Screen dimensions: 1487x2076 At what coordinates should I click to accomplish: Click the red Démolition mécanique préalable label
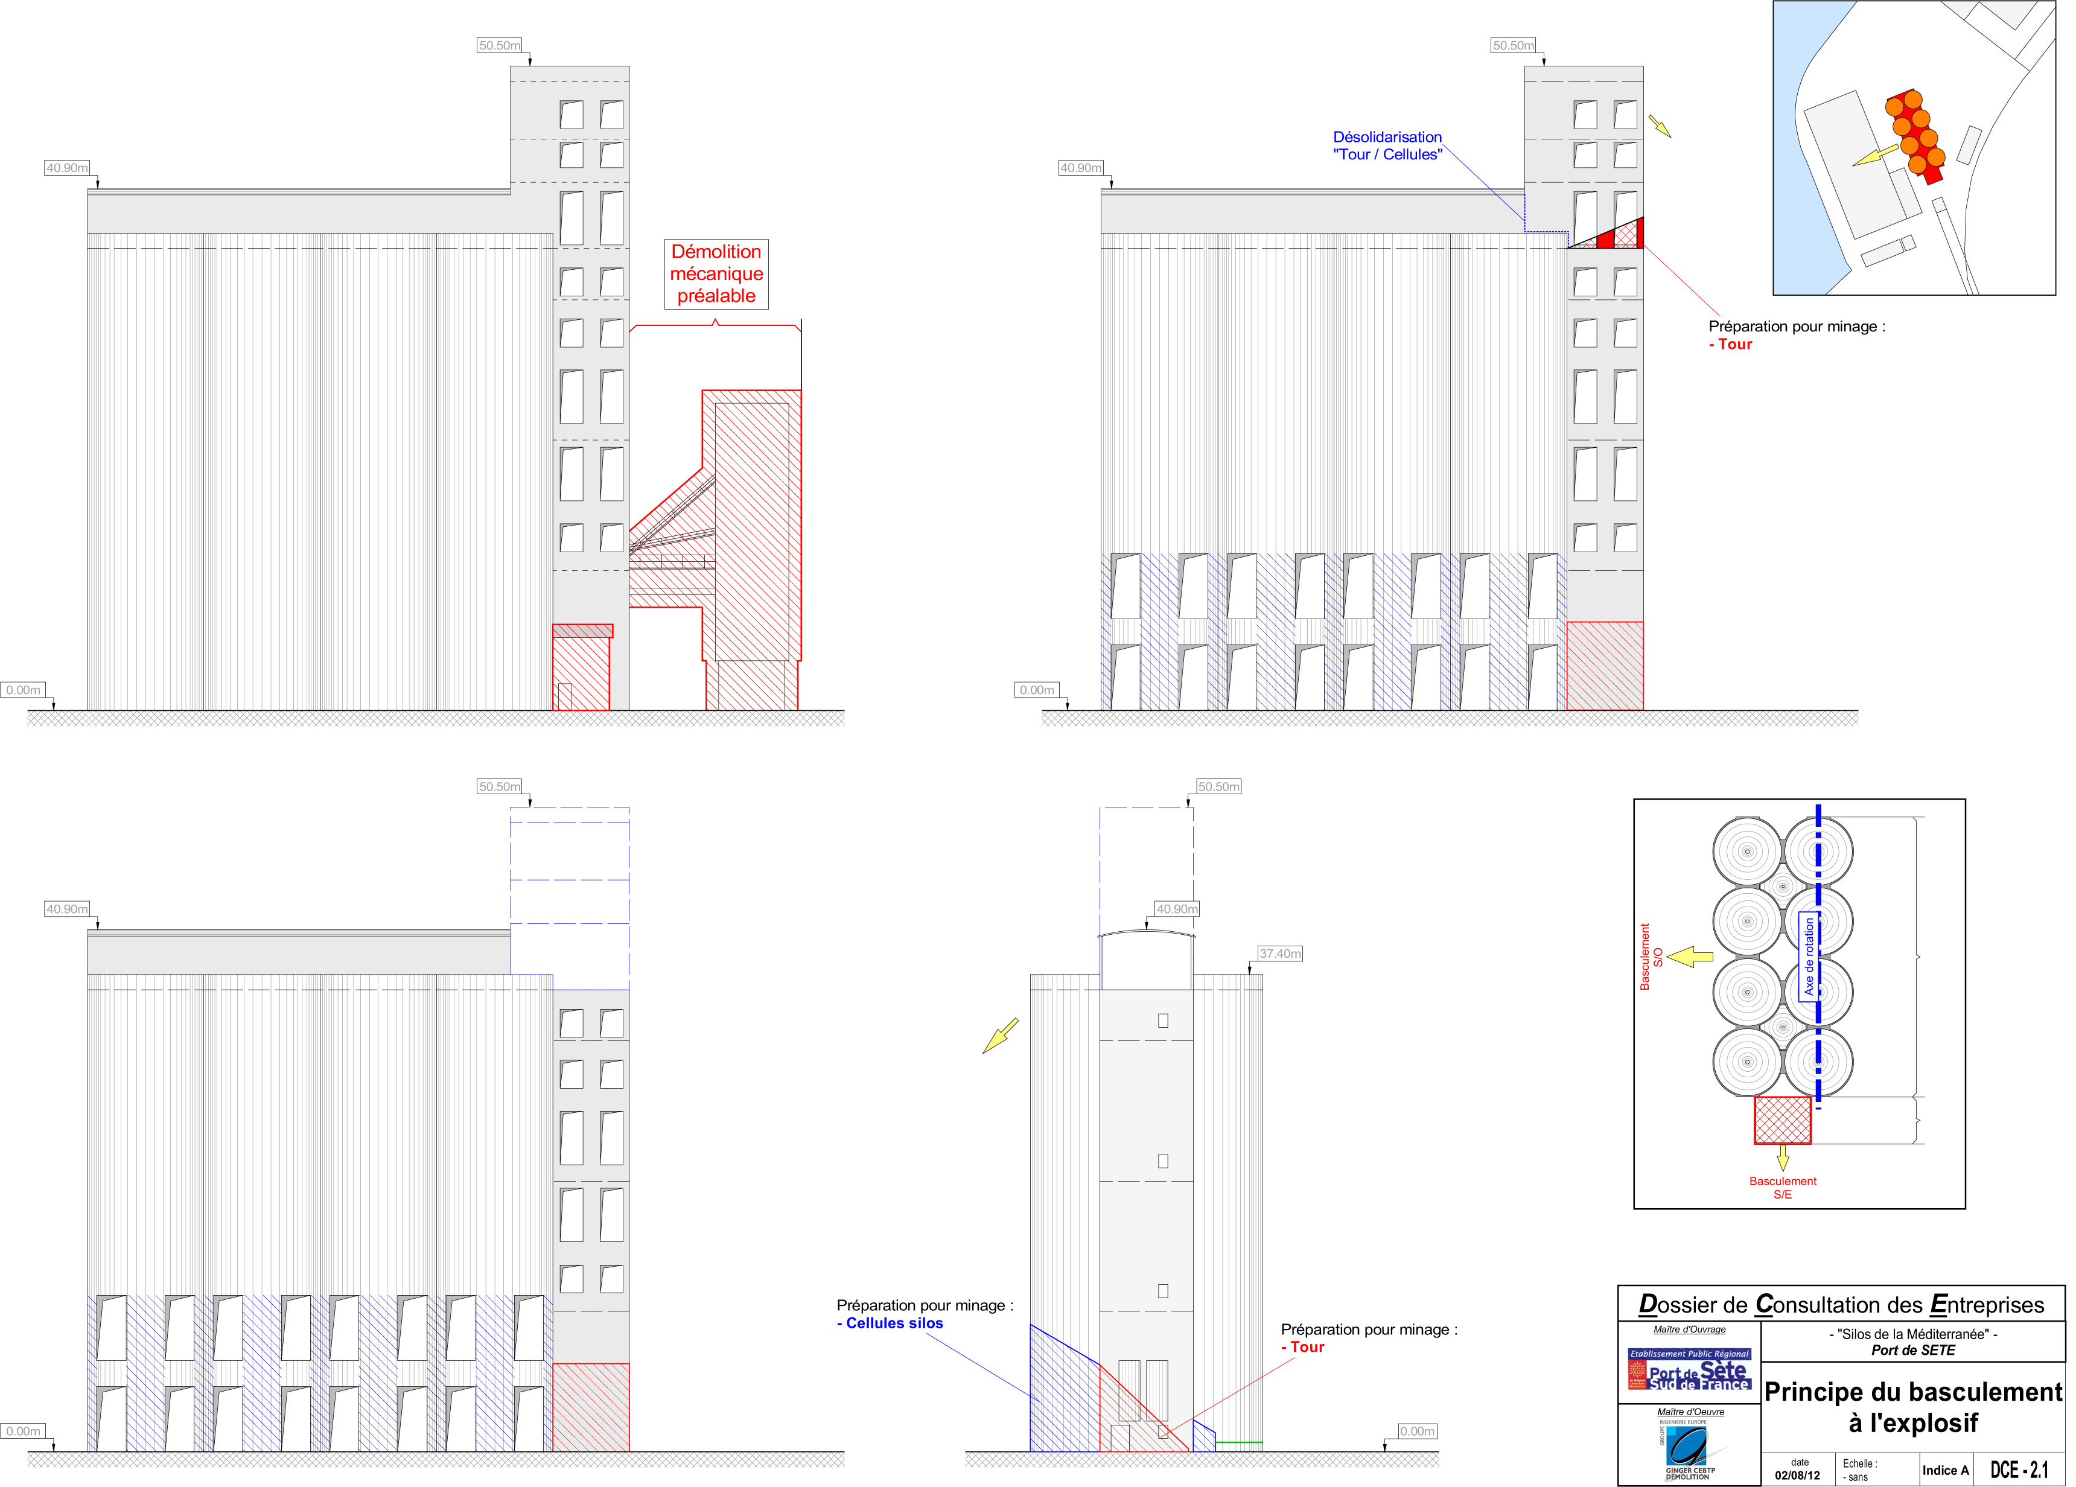tap(716, 273)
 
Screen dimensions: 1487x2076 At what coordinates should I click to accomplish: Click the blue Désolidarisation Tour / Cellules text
tap(1387, 145)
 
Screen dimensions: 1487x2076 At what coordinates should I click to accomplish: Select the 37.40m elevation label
tap(1279, 954)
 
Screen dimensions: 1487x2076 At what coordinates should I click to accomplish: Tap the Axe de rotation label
tap(1809, 957)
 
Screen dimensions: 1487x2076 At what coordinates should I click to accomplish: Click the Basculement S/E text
tap(1782, 1187)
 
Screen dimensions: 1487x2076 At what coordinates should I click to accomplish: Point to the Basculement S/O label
tap(1651, 957)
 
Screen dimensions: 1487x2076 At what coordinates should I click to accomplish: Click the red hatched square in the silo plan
tap(1782, 1120)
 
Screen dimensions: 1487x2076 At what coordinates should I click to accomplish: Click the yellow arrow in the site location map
tap(1874, 156)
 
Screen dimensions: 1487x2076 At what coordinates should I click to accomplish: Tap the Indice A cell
tap(1945, 1469)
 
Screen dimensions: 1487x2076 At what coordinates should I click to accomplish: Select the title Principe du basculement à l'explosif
tap(1912, 1407)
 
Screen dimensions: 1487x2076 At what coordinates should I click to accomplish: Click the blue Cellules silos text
tap(894, 1323)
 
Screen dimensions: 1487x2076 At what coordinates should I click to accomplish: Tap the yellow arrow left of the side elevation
tap(1001, 1035)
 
